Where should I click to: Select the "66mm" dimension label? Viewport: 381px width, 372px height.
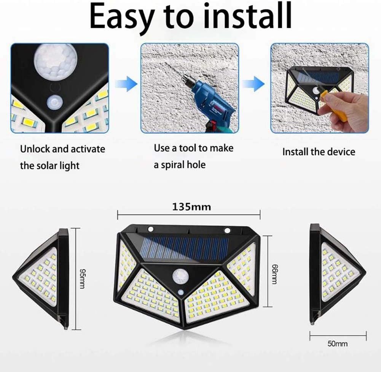point(273,271)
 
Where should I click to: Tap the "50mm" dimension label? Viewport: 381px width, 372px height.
point(337,343)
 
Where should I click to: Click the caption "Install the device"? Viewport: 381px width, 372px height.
point(318,152)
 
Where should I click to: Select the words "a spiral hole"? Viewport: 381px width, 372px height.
point(180,165)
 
